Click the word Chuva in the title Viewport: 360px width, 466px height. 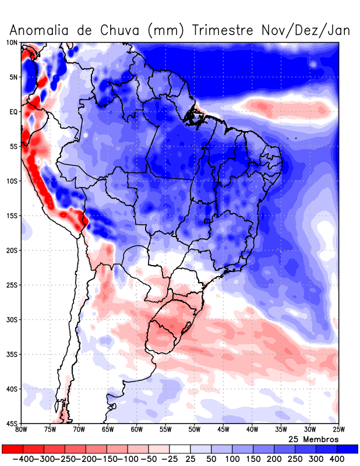(119, 30)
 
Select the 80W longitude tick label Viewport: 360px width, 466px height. (22, 430)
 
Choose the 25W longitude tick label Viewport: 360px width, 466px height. (338, 430)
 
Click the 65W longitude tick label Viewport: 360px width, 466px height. (108, 430)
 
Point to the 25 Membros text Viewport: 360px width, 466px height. (313, 439)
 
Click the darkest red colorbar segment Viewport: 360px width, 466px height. (12, 449)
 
